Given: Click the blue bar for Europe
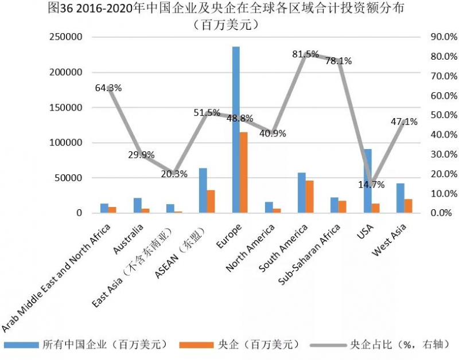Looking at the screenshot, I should [x=236, y=130].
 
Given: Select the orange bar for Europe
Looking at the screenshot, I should [x=243, y=172].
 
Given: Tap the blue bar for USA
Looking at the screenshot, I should [x=368, y=181].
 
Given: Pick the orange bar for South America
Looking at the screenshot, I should [x=309, y=197].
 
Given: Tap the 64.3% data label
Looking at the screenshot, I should [x=108, y=88].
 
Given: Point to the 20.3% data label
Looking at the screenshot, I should [x=174, y=174].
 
